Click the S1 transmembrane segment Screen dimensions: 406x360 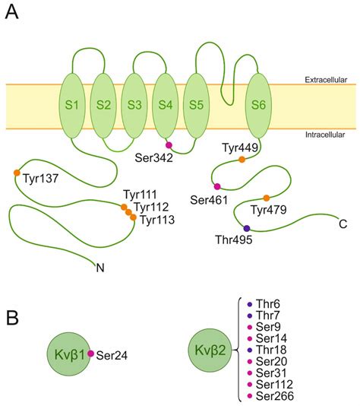[72, 104]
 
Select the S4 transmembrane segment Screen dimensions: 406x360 [166, 104]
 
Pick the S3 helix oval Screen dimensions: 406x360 [135, 104]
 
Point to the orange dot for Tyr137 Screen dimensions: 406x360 [17, 173]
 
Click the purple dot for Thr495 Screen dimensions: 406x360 [246, 228]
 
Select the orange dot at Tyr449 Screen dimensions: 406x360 [242, 160]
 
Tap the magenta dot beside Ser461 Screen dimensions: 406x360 [217, 186]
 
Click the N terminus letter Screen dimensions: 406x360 [99, 266]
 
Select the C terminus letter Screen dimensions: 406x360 [344, 224]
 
